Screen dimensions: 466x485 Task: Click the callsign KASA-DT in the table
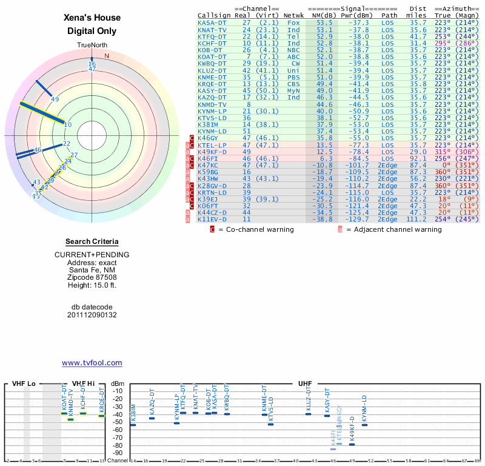212,22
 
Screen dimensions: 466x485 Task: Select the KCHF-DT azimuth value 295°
443,43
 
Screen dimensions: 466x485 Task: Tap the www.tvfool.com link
92,363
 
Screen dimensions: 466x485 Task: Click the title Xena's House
92,18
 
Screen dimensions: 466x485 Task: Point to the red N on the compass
107,56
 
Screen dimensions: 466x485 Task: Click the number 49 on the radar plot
55,99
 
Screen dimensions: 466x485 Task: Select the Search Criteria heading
92,241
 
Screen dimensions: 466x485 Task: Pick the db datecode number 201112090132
92,315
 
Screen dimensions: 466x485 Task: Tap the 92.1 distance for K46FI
418,159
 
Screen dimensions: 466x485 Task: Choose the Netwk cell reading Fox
293,22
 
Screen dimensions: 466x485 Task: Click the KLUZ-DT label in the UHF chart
309,399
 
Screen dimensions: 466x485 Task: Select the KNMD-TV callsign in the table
212,104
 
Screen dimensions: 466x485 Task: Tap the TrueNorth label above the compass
92,46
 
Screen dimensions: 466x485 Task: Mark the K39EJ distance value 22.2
418,198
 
